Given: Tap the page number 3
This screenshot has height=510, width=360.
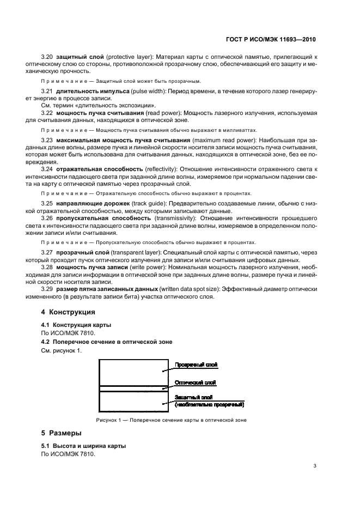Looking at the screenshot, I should click(x=315, y=466).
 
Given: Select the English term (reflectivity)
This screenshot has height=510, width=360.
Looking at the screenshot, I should click(x=159, y=169).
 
